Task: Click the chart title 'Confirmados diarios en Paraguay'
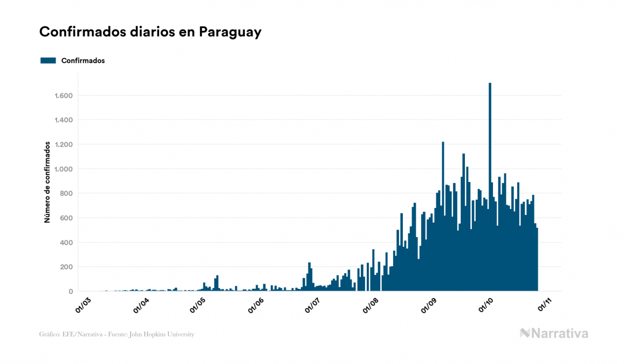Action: [x=150, y=32]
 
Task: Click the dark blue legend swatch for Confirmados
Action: [x=48, y=60]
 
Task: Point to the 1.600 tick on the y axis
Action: [x=63, y=96]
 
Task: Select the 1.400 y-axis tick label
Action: [x=63, y=120]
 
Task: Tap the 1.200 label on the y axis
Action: [x=63, y=145]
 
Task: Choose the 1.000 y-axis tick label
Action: [x=63, y=169]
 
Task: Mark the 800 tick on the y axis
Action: [x=67, y=193]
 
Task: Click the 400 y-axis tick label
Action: [x=67, y=242]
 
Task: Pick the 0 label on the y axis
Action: [x=71, y=292]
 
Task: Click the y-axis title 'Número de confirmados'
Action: [x=47, y=182]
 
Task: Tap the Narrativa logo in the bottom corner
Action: [x=554, y=333]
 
